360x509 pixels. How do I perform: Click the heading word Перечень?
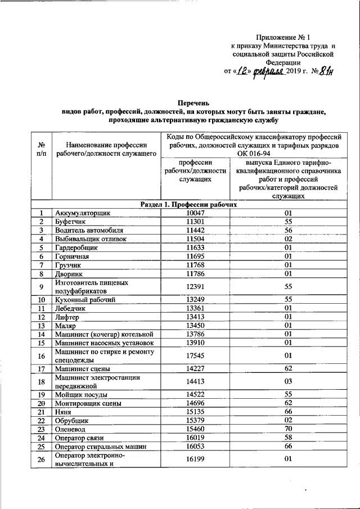coord(193,103)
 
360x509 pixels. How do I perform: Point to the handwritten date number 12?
coord(242,71)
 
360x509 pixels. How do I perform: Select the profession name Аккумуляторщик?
coord(83,213)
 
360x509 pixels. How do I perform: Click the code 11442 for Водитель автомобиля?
coord(196,230)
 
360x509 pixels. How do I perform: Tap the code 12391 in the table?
coord(196,287)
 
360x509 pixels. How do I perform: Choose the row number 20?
coord(41,403)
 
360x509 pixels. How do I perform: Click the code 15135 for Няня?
coord(196,412)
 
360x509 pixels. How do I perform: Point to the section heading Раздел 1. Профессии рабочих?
coord(188,205)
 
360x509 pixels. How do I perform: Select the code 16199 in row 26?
coord(196,459)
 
